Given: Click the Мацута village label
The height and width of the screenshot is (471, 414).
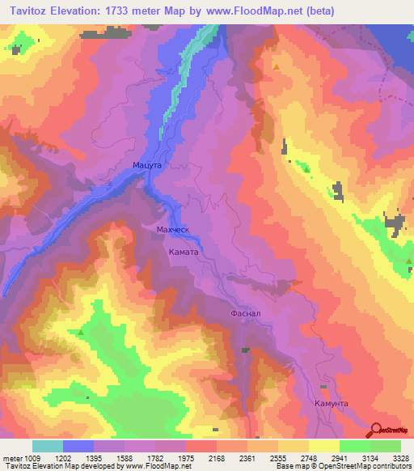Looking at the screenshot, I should coord(148,165).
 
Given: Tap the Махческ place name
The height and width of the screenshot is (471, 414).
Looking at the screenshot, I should coord(172,230).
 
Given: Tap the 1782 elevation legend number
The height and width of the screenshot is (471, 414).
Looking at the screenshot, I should coord(156,457).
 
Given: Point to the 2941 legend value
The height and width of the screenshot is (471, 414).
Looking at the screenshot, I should coord(340,457).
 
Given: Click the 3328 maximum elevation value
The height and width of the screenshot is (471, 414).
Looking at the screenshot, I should coord(402,457).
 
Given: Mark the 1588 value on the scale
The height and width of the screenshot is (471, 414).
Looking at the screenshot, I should coord(125,457).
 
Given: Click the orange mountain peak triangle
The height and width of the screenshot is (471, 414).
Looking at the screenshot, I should coord(277,67).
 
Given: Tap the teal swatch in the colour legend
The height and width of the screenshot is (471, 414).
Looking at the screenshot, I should coord(47,446).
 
